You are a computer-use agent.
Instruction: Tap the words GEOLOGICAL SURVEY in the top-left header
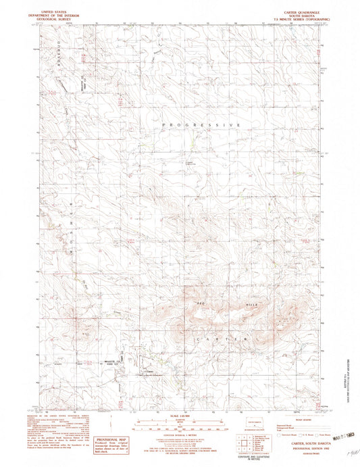coord(56,19)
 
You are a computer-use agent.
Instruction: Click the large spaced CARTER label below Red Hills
coord(220,337)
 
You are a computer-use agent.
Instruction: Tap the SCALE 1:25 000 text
coord(179,415)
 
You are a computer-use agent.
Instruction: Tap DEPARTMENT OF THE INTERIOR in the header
coord(56,16)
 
